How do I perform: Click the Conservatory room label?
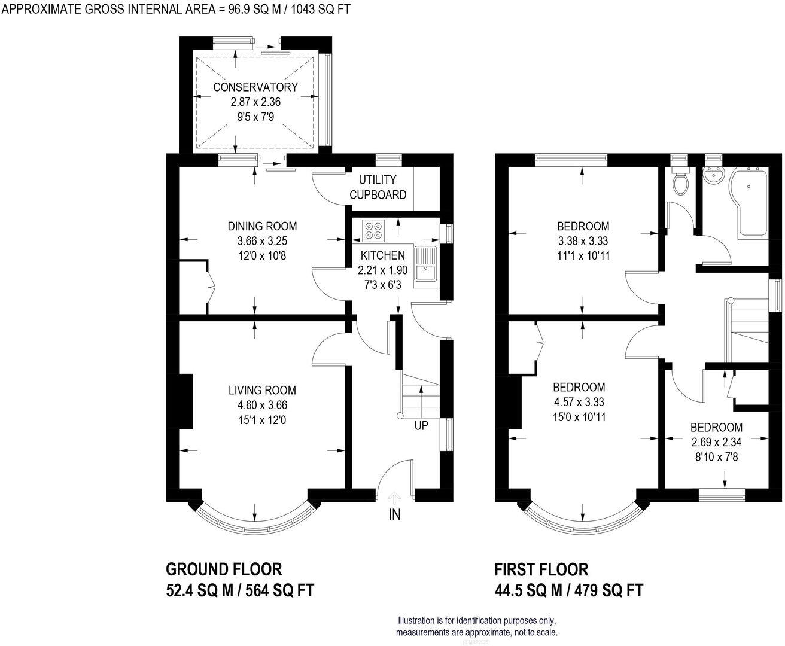pyautogui.click(x=255, y=87)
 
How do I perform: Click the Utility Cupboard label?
pyautogui.click(x=378, y=187)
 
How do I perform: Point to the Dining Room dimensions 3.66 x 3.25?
pyautogui.click(x=262, y=241)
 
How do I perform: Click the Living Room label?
pyautogui.click(x=262, y=391)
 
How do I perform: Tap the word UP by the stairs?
pyautogui.click(x=421, y=426)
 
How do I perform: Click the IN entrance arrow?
pyautogui.click(x=394, y=498)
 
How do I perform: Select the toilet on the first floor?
pyautogui.click(x=680, y=182)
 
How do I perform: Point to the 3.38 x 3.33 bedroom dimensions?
pyautogui.click(x=583, y=241)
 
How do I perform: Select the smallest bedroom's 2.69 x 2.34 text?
pyautogui.click(x=716, y=443)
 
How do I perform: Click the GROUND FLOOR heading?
pyautogui.click(x=224, y=568)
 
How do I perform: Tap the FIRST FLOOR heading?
pyautogui.click(x=541, y=568)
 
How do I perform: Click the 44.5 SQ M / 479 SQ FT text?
pyautogui.click(x=568, y=590)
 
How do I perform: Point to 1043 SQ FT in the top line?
pyautogui.click(x=321, y=8)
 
